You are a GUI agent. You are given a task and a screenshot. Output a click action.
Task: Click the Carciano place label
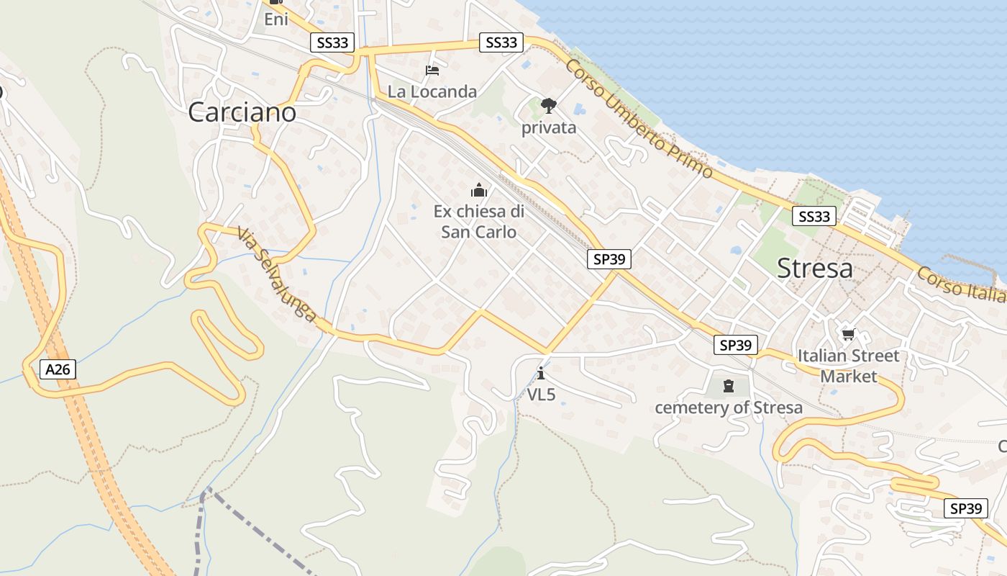(242, 112)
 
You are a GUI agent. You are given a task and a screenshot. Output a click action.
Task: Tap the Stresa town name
(815, 269)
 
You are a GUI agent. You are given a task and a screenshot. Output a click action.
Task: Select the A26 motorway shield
(58, 370)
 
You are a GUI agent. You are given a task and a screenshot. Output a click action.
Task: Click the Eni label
(275, 19)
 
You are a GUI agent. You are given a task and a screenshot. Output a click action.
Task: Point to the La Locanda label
(432, 91)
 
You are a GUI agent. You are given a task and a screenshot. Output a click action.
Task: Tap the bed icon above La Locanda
(432, 70)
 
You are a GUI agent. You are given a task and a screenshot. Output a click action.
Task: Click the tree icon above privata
(549, 107)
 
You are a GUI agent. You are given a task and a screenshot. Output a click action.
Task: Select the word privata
(549, 127)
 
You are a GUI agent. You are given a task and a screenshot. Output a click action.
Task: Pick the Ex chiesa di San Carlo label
(479, 222)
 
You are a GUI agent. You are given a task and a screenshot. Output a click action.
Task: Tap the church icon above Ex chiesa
(479, 190)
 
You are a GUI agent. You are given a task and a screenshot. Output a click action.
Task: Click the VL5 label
(541, 395)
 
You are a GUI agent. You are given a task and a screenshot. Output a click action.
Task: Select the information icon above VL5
(541, 373)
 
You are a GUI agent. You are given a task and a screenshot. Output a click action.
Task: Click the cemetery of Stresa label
(729, 408)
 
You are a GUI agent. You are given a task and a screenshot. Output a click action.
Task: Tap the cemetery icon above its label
(729, 386)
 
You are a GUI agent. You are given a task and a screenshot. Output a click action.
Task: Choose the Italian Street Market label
(849, 366)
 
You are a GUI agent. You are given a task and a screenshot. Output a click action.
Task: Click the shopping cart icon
(848, 334)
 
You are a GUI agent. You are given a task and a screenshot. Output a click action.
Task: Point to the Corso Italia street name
(961, 285)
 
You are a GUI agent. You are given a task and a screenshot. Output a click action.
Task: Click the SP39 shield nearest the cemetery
(736, 345)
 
